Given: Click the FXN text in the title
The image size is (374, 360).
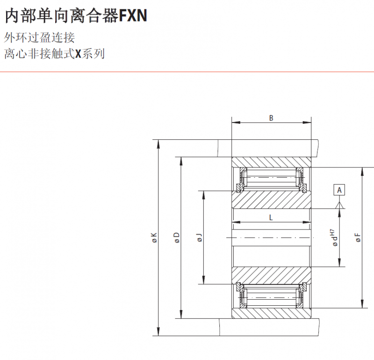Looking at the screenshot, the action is coord(133,15).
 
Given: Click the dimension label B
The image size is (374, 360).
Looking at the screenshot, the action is coord(271,118).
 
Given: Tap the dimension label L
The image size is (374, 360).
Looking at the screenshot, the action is coord(271,217).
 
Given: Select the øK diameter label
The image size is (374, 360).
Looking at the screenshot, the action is coord(154,238).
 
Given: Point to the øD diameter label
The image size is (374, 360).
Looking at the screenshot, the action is coord(177,238).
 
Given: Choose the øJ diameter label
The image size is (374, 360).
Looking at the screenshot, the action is coord(200,238).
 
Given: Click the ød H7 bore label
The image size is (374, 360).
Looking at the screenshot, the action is coord(334,238).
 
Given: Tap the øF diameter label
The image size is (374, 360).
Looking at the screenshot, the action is coord(358,238).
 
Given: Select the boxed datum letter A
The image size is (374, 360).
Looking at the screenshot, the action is coord(339,190).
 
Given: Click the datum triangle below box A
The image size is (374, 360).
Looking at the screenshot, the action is coord(339,205).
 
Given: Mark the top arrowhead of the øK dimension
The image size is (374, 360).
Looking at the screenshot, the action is coord(158,144).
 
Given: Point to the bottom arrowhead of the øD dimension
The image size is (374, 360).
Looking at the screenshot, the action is coord(181,314).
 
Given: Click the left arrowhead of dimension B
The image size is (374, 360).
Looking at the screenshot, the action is coord(236,122).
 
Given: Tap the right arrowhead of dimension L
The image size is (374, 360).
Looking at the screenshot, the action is coord(307,222).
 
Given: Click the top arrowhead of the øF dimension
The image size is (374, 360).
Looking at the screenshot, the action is coord(362,172).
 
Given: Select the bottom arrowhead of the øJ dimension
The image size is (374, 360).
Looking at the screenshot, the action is coord(203,280).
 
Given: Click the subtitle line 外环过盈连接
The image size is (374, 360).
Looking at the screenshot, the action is coord(39,38).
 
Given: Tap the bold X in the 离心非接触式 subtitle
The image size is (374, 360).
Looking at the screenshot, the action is coord(78,54).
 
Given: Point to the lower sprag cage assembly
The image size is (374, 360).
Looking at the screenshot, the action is coord(272,295).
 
